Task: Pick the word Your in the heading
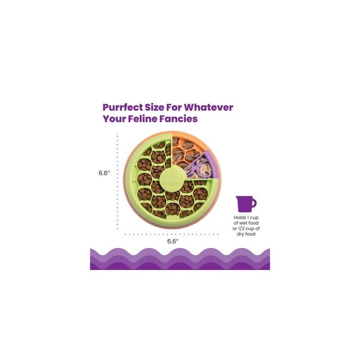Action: tap(115, 120)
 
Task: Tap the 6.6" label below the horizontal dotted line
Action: tap(173, 241)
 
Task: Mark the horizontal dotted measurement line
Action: tap(171, 234)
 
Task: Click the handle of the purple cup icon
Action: tap(254, 203)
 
